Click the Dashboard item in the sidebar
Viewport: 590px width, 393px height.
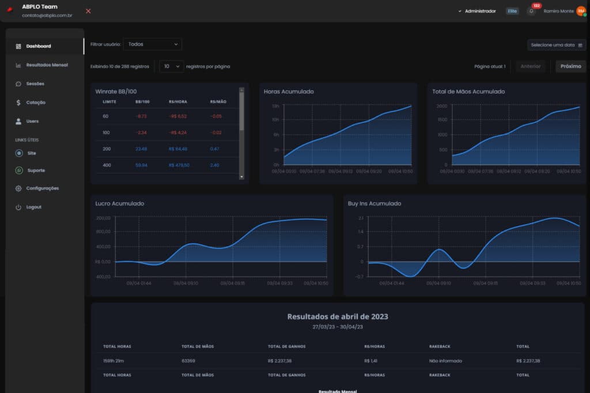39,46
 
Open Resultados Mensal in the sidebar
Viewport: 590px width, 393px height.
47,65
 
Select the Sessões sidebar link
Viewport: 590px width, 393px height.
35,84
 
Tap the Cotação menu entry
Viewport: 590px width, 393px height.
36,103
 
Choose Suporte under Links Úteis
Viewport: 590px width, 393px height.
36,171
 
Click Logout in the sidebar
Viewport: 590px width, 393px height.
33,207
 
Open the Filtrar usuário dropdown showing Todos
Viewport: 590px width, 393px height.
152,44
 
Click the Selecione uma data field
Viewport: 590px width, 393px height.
556,45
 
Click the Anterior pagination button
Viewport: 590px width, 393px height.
530,66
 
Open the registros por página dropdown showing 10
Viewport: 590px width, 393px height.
171,66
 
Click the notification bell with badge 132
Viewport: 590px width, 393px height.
532,11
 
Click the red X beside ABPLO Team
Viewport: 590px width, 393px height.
88,11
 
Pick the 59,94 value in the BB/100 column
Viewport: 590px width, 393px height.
141,165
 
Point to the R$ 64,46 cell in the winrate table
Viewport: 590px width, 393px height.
178,149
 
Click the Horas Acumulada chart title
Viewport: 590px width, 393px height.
289,92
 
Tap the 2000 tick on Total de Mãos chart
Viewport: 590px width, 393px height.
441,107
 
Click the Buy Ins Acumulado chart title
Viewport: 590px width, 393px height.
375,203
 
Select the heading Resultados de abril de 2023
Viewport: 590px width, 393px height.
337,316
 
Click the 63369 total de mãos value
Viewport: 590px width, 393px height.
188,361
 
